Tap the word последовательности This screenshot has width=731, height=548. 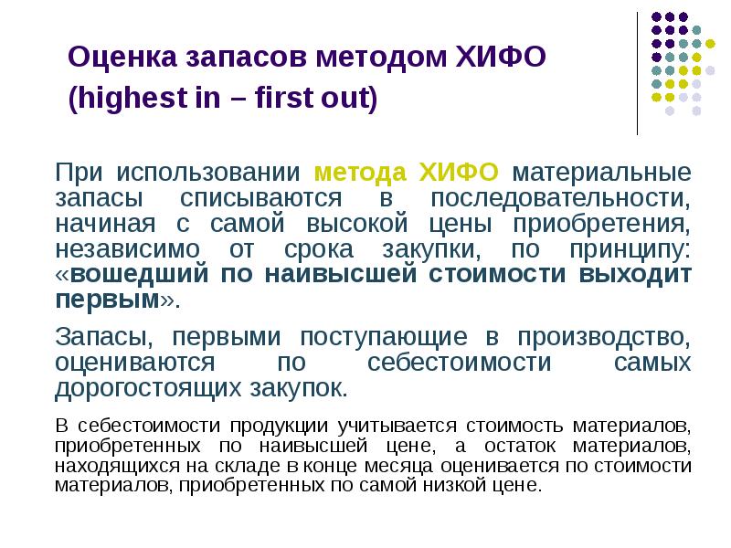[560, 198]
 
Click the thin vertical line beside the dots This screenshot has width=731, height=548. [637, 72]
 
